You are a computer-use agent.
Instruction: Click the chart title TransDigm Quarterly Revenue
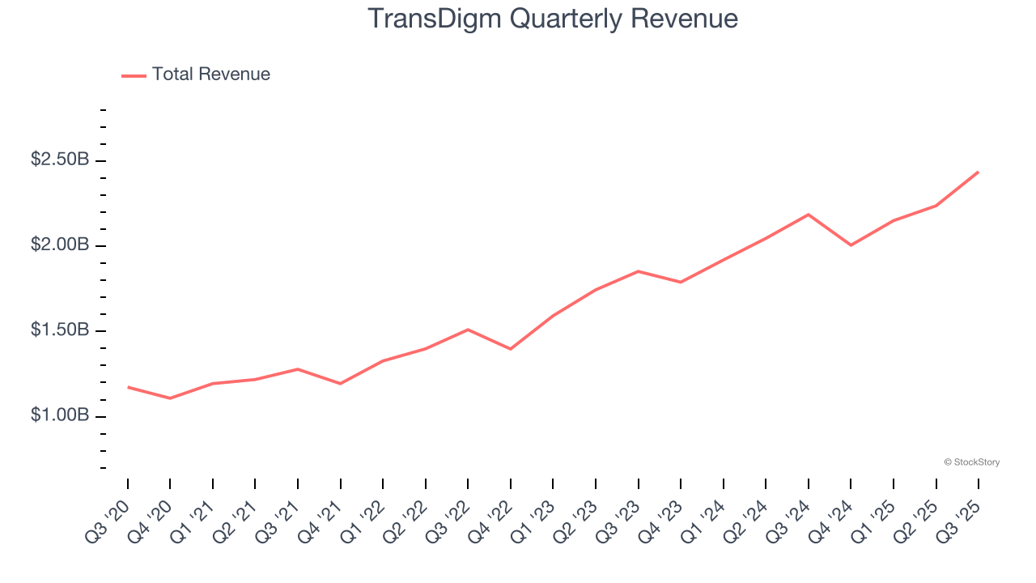point(553,19)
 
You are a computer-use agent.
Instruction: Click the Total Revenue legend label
point(210,74)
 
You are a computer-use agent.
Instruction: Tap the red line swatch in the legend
point(134,75)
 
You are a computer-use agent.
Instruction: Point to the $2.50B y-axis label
point(60,160)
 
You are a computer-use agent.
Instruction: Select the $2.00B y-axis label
point(60,245)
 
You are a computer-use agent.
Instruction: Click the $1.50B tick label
point(60,330)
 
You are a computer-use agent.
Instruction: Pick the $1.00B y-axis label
point(60,415)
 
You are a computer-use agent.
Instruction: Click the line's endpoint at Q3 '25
point(979,172)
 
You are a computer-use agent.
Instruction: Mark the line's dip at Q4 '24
point(851,245)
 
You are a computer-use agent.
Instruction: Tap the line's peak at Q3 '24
point(809,215)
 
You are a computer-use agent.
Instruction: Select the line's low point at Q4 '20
point(170,398)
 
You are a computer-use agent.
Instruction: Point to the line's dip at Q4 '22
point(511,349)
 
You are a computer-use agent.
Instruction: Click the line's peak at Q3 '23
point(639,271)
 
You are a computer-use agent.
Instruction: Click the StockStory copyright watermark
point(971,462)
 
